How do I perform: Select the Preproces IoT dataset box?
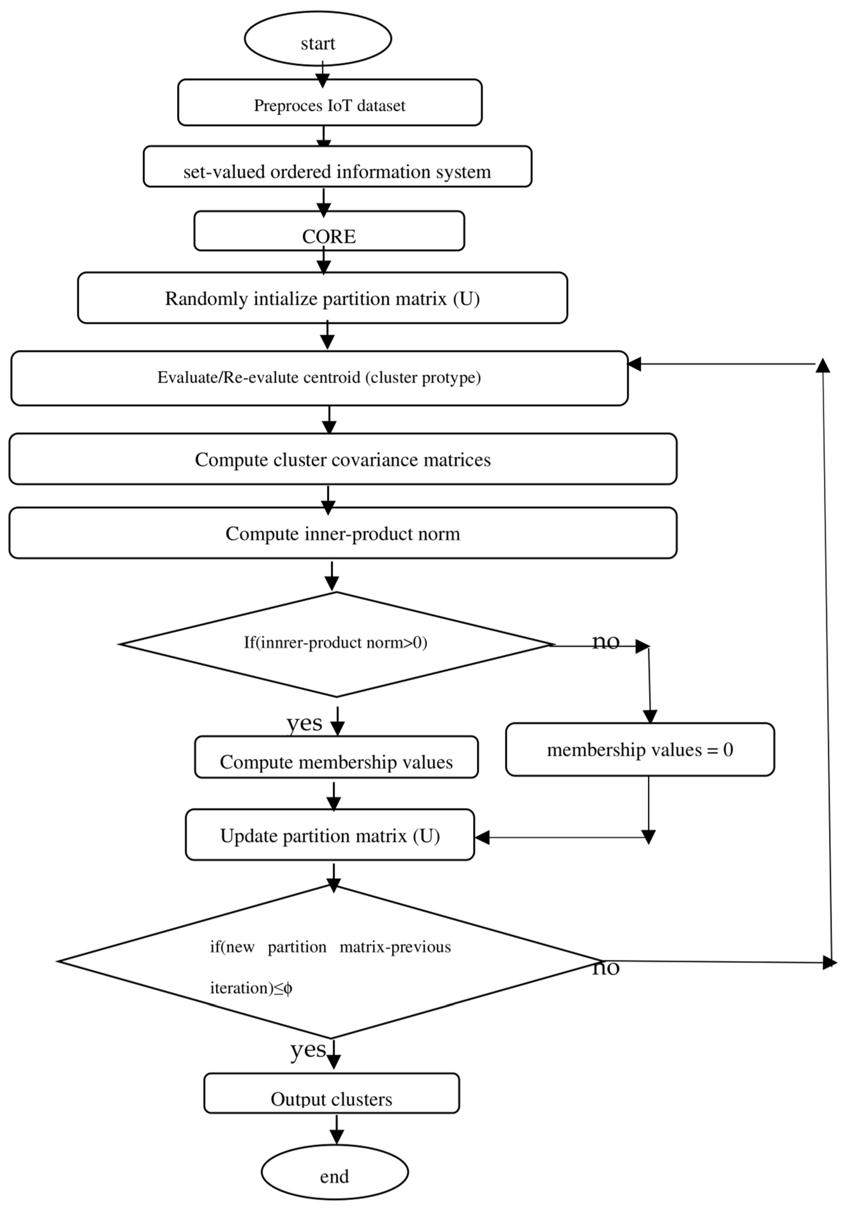pyautogui.click(x=329, y=103)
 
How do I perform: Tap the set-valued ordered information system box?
pyautogui.click(x=337, y=167)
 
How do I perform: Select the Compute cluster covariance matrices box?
pyautogui.click(x=343, y=459)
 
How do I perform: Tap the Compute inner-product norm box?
pyautogui.click(x=343, y=533)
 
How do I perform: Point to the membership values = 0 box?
pyautogui.click(x=640, y=749)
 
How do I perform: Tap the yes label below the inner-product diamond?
pyautogui.click(x=304, y=723)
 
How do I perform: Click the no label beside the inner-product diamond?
pyautogui.click(x=605, y=641)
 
